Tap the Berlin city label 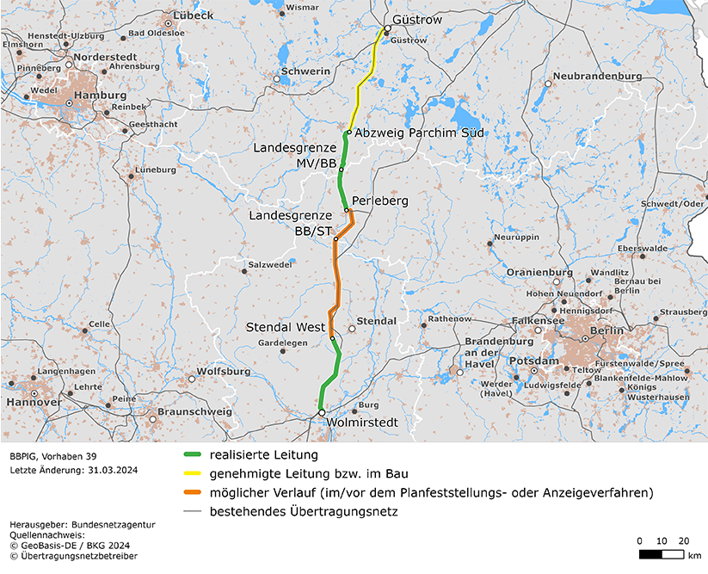pos(607,331)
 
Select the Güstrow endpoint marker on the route pos(387,28)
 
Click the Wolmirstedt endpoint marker pos(321,413)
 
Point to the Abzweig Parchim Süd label pos(420,133)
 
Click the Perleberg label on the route pos(379,201)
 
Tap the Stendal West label pos(286,328)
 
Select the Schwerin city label pos(305,71)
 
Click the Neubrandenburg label pos(597,76)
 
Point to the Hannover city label pos(34,402)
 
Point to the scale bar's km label pos(694,555)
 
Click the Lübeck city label pos(193,15)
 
